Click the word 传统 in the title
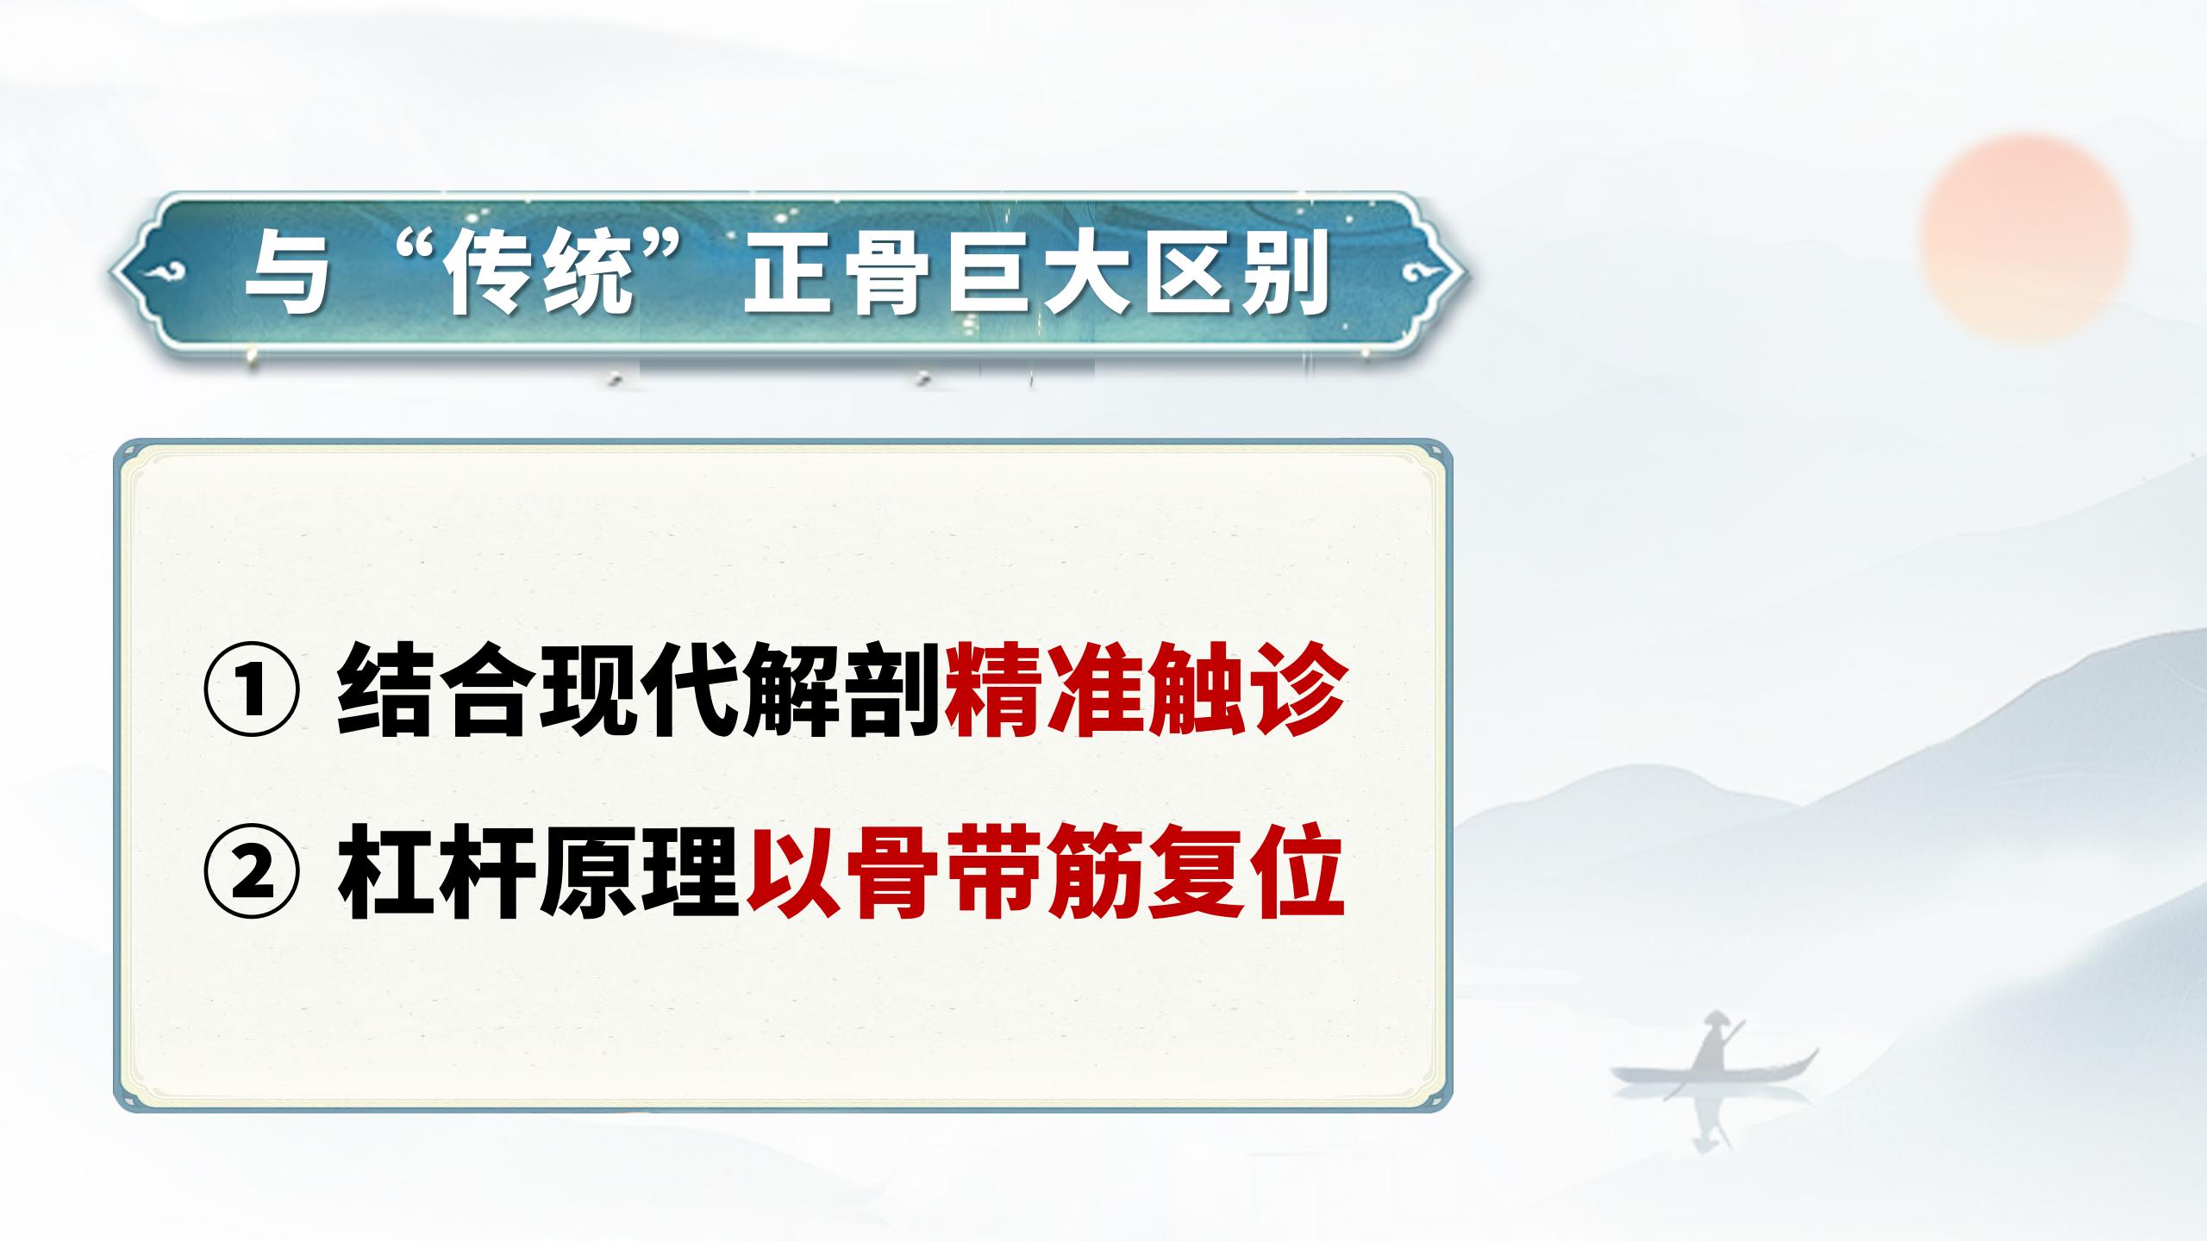(538, 274)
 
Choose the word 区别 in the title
(1238, 274)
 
